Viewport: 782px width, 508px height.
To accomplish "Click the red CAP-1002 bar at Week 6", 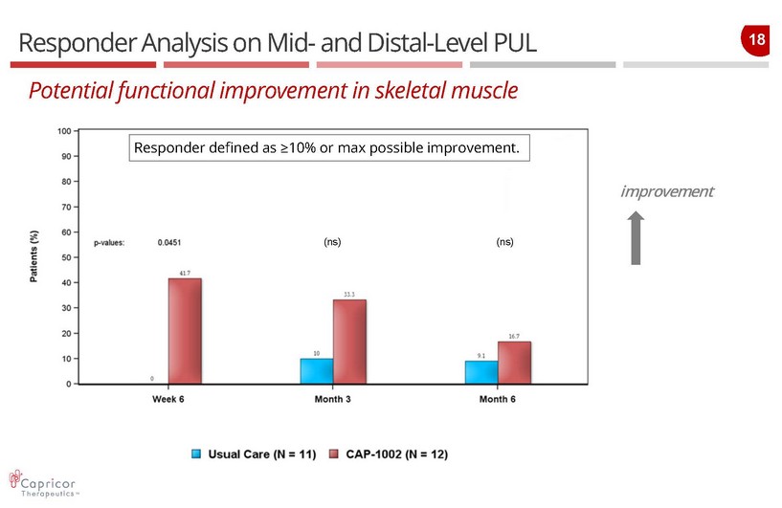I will pyautogui.click(x=185, y=331).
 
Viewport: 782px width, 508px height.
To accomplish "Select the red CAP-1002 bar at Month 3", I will pyautogui.click(x=349, y=342).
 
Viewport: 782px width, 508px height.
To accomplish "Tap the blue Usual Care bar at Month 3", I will pyautogui.click(x=317, y=371).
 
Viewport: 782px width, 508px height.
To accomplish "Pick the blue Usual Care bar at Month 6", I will pyautogui.click(x=481, y=372).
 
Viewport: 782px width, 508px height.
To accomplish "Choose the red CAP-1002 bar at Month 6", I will pyautogui.click(x=514, y=363).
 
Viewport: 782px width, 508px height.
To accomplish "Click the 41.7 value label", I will pyautogui.click(x=185, y=273).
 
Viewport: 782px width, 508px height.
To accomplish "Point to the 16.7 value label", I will pyautogui.click(x=514, y=336).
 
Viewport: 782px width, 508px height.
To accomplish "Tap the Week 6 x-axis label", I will pyautogui.click(x=168, y=399).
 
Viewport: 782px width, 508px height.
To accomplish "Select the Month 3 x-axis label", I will pyautogui.click(x=332, y=399).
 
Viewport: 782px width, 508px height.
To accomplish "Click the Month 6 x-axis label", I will pyautogui.click(x=498, y=399).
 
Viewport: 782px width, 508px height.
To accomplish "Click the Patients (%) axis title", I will pyautogui.click(x=34, y=257).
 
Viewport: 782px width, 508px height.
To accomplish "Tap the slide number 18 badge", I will pyautogui.click(x=754, y=40).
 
